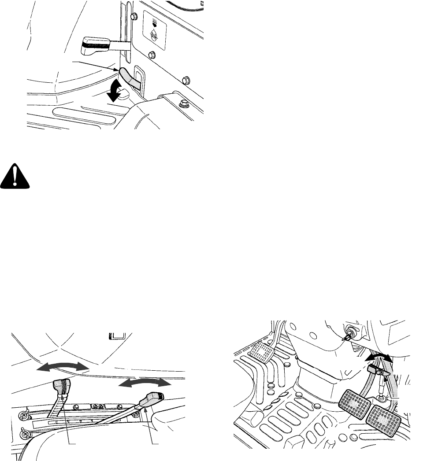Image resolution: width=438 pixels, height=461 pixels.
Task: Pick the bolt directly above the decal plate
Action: [133, 16]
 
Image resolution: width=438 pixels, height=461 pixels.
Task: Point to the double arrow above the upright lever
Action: [63, 366]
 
